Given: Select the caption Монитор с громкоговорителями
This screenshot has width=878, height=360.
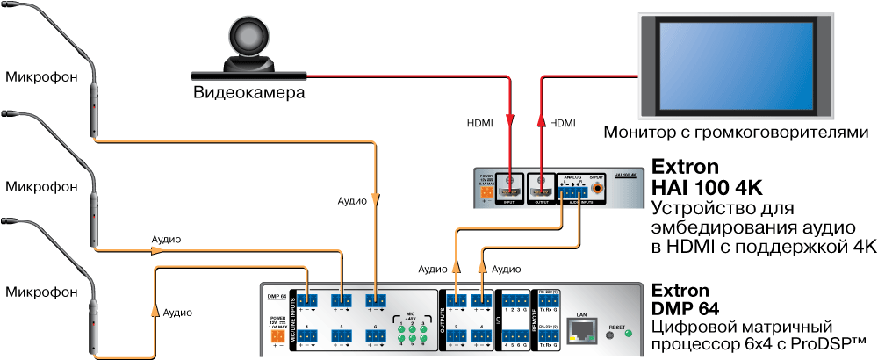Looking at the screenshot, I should click(736, 133).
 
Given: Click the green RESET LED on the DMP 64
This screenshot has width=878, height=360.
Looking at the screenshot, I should click(627, 334).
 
